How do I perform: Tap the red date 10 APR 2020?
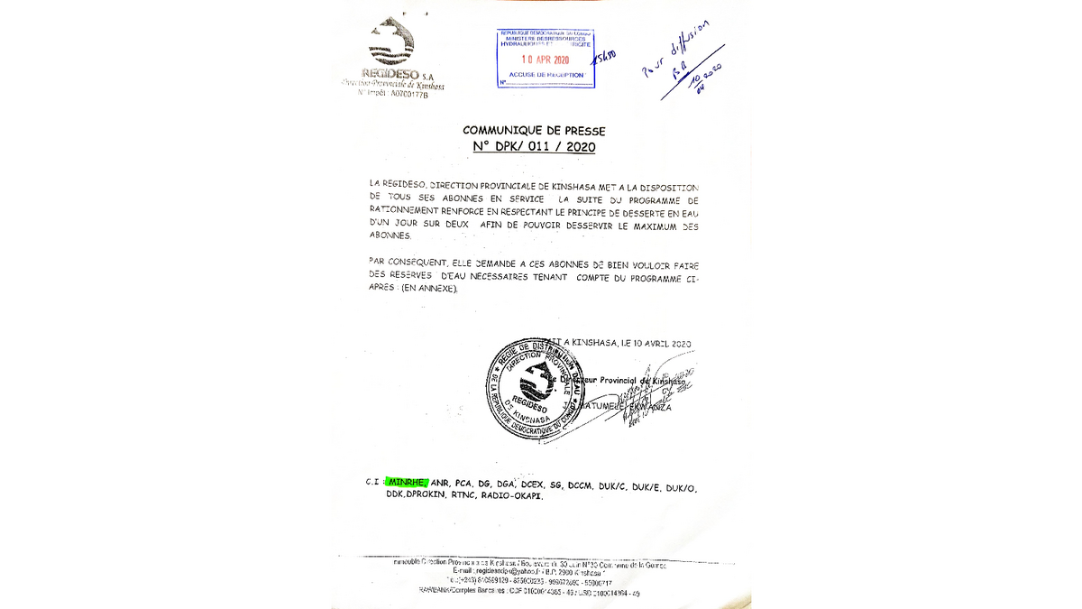(546, 60)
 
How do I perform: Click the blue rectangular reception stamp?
(546, 59)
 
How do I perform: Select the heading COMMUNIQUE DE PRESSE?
(534, 131)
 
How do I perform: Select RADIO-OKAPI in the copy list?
(511, 495)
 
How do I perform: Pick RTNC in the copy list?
(463, 495)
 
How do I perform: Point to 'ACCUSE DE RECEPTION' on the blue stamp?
(545, 74)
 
